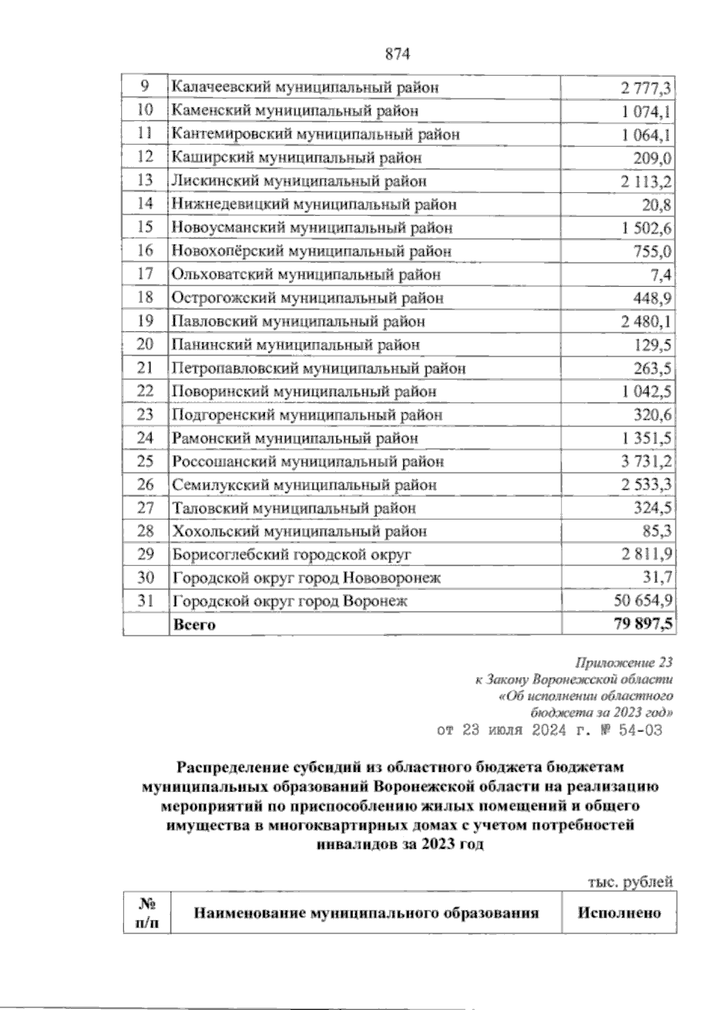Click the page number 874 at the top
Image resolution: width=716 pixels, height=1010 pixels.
pyautogui.click(x=399, y=54)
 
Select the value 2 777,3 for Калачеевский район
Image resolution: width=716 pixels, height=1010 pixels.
pyautogui.click(x=646, y=88)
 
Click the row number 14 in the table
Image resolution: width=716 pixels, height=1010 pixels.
pyautogui.click(x=146, y=203)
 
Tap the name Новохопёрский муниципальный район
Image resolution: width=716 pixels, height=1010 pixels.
pyautogui.click(x=311, y=251)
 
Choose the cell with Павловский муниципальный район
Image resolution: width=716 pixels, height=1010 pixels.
pyautogui.click(x=298, y=322)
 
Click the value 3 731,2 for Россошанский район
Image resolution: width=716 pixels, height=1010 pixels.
pyautogui.click(x=646, y=462)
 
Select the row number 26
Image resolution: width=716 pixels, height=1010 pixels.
pyautogui.click(x=146, y=484)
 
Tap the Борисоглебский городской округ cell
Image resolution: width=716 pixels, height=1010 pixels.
pyautogui.click(x=292, y=555)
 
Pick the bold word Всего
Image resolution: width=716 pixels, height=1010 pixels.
pyautogui.click(x=194, y=625)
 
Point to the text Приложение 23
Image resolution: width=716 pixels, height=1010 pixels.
pyautogui.click(x=624, y=663)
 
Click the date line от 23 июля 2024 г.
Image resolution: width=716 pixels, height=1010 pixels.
pyautogui.click(x=550, y=730)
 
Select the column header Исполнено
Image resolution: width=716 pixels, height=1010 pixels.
pyautogui.click(x=619, y=913)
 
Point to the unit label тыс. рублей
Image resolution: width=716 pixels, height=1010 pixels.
pyautogui.click(x=631, y=882)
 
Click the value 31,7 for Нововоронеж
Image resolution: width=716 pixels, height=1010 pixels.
pyautogui.click(x=657, y=578)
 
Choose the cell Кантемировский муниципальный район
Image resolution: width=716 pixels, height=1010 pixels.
pyautogui.click(x=316, y=134)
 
